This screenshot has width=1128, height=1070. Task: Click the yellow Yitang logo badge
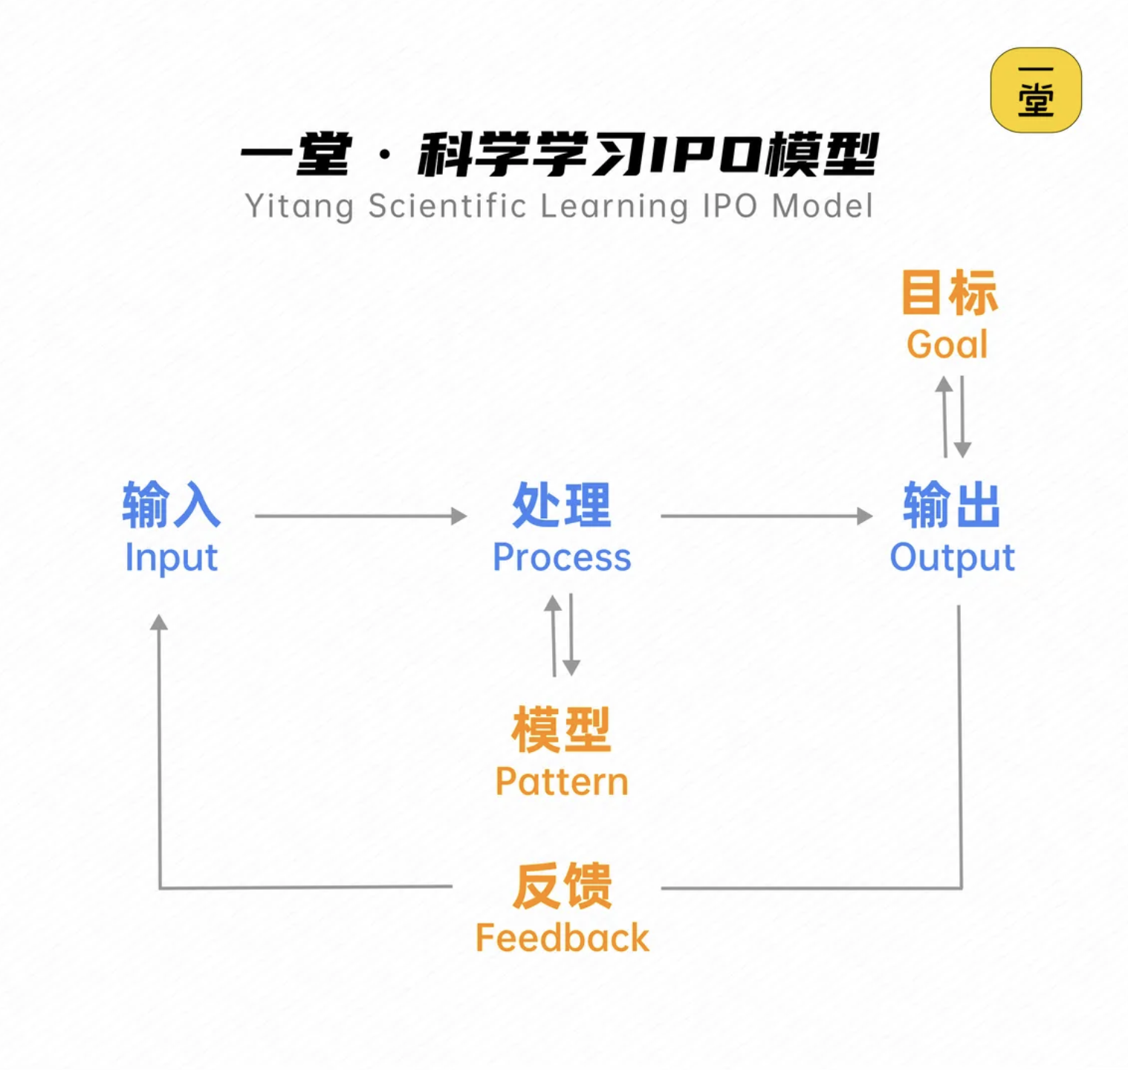click(1036, 91)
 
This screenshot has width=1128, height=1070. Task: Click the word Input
click(171, 558)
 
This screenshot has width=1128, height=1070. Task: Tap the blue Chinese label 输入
click(171, 505)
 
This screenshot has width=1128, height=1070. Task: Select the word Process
click(562, 557)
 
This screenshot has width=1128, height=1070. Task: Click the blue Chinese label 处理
click(562, 505)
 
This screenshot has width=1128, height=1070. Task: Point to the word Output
click(952, 558)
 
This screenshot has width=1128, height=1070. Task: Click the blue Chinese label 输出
click(952, 505)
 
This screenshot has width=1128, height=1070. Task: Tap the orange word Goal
click(947, 345)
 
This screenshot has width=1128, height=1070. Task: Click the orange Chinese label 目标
click(948, 293)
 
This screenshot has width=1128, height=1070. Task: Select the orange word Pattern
click(562, 782)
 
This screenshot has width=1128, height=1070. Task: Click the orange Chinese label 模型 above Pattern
click(562, 730)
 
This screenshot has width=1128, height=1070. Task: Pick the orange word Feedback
click(562, 938)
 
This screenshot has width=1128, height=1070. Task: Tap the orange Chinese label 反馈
click(562, 886)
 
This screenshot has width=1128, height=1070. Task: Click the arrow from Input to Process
click(360, 516)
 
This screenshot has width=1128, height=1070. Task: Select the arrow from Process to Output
click(765, 516)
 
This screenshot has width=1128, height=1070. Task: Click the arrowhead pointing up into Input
click(159, 623)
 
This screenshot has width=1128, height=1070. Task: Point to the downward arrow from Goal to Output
click(962, 417)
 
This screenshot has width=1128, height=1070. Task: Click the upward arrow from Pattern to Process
click(553, 635)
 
